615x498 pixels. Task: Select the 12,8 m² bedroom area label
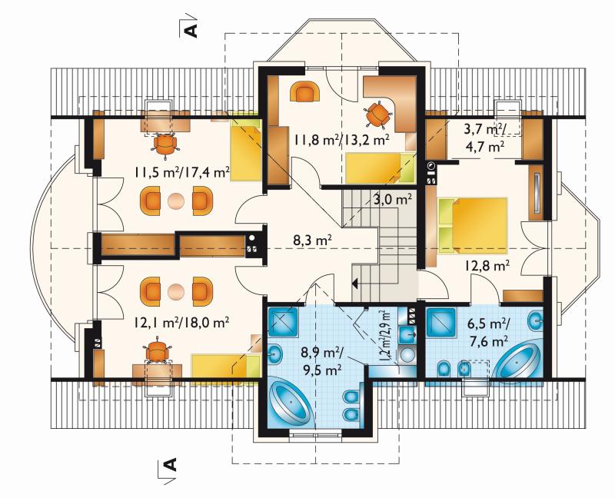(487, 266)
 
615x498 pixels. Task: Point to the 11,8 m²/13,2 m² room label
(341, 141)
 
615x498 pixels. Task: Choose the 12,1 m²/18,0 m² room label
(181, 323)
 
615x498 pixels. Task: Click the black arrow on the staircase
(355, 282)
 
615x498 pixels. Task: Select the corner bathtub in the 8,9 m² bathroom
(291, 402)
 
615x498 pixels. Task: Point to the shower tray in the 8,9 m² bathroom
(283, 321)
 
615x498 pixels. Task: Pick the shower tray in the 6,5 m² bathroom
(441, 323)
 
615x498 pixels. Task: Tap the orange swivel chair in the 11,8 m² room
(378, 114)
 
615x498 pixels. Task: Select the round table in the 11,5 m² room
(176, 201)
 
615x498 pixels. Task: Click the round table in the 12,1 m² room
(176, 292)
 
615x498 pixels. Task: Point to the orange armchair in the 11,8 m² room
(305, 92)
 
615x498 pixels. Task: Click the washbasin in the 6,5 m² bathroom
(535, 321)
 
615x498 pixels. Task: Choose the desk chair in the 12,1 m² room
(158, 349)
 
